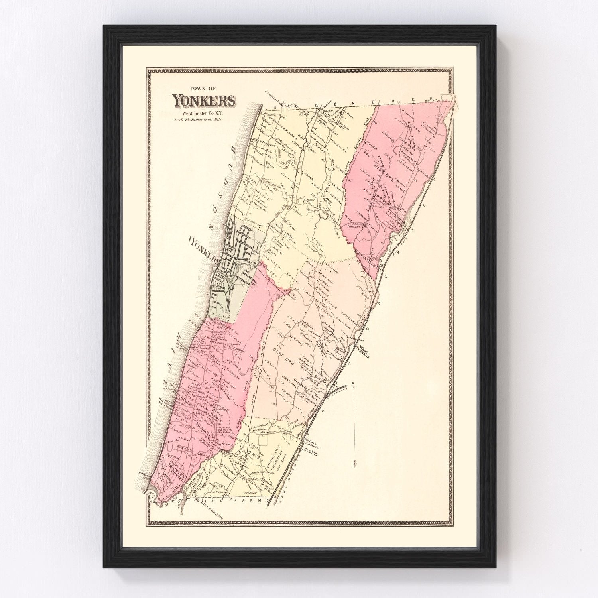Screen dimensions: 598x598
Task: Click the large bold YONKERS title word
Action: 204,101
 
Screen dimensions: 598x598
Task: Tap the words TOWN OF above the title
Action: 203,89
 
